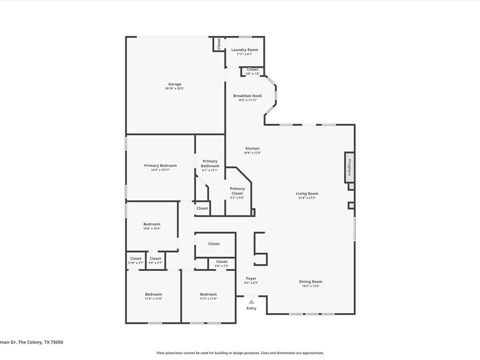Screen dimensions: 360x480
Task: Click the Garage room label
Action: coord(175,84)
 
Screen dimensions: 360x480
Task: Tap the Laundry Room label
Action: coord(245,50)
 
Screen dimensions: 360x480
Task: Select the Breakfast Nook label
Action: coord(247,96)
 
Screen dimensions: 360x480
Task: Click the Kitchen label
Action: coord(252,149)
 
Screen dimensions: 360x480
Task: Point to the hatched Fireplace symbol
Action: coord(349,167)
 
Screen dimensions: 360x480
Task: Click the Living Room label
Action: coord(307,194)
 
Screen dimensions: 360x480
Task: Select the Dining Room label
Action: coord(311,282)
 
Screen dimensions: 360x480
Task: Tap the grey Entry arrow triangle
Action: coord(251,302)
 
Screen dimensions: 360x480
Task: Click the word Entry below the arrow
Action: coord(252,308)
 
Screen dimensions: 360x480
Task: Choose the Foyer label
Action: coord(251,278)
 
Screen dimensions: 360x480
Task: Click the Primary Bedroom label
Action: coord(160,165)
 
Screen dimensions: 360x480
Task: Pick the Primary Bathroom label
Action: coord(210,164)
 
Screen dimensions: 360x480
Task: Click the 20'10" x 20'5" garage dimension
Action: coord(175,89)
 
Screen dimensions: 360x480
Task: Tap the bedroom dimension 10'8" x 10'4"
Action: coord(152,229)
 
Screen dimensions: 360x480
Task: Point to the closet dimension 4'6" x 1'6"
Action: coord(253,74)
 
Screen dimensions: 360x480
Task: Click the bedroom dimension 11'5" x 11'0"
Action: coord(153,299)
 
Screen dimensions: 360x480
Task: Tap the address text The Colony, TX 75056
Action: coord(42,342)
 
